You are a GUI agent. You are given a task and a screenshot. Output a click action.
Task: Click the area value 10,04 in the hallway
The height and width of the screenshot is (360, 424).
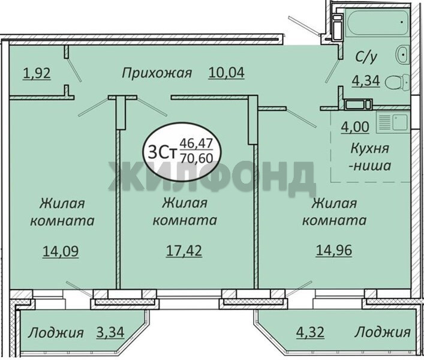click(x=226, y=73)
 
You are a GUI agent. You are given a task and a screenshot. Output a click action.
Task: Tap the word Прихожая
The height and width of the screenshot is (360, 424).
click(x=157, y=73)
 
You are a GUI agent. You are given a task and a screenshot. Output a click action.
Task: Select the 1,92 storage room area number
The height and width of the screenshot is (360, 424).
click(x=37, y=74)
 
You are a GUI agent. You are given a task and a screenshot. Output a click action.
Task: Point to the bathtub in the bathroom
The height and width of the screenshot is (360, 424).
click(x=377, y=22)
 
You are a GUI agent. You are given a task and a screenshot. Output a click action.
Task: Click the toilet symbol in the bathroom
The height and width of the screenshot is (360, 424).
click(x=397, y=82)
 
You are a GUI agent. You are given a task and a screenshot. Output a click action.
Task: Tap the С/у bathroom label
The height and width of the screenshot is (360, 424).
click(x=366, y=57)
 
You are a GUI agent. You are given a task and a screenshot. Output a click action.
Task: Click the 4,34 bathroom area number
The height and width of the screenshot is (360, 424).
click(x=366, y=81)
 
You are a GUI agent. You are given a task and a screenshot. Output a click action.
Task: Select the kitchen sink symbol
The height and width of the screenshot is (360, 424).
click(x=392, y=124)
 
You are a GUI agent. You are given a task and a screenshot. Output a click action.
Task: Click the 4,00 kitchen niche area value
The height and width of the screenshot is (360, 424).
click(x=355, y=127)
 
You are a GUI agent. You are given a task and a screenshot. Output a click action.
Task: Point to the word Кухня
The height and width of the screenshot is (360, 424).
click(x=370, y=149)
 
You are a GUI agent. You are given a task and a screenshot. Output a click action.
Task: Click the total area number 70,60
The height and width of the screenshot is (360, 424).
click(x=196, y=158)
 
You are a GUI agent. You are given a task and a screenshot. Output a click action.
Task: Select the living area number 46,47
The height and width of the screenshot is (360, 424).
click(x=196, y=143)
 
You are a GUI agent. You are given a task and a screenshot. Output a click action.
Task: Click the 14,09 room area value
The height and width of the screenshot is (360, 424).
click(x=61, y=251)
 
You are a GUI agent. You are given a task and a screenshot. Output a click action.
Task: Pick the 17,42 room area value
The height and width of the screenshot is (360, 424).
click(x=184, y=251)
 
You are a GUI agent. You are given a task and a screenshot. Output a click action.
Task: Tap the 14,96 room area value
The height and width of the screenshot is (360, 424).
click(x=334, y=250)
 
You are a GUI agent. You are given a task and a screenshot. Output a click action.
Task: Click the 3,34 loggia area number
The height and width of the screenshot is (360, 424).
click(x=110, y=332)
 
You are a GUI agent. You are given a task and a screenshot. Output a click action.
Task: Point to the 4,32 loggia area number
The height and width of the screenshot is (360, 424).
click(x=310, y=332)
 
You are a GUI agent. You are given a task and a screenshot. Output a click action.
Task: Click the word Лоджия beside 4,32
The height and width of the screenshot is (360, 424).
click(x=383, y=332)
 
